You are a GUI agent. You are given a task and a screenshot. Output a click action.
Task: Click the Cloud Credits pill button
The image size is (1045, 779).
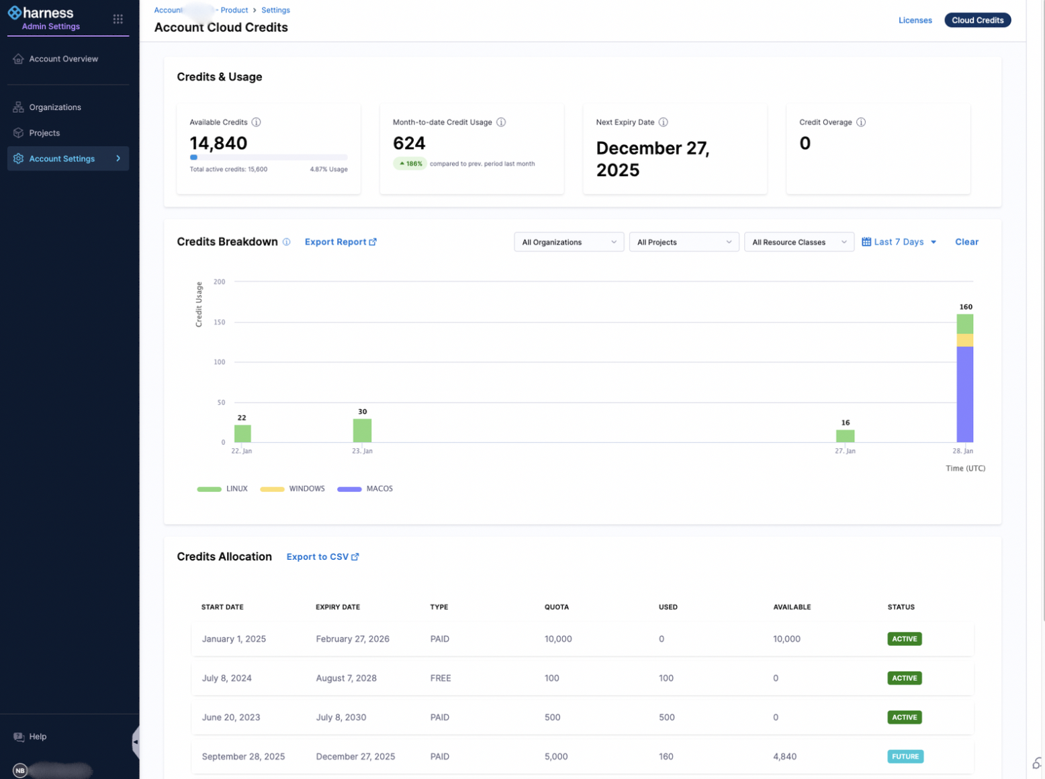pyautogui.click(x=977, y=20)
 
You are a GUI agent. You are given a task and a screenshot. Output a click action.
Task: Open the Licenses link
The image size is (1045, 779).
pyautogui.click(x=915, y=20)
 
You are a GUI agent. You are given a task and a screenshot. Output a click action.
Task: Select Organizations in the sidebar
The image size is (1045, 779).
pyautogui.click(x=55, y=108)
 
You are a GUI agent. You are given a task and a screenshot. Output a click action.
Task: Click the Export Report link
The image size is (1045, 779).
pyautogui.click(x=340, y=242)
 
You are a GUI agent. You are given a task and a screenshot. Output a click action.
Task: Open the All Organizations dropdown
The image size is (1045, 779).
pyautogui.click(x=568, y=242)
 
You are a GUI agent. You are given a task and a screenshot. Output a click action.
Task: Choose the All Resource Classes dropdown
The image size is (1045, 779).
pyautogui.click(x=799, y=242)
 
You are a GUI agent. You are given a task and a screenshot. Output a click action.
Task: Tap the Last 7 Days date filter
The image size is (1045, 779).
pyautogui.click(x=899, y=242)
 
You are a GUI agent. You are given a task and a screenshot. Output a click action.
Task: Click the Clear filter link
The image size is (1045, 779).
pyautogui.click(x=966, y=242)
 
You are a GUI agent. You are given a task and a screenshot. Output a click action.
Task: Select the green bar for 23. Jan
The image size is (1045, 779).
pyautogui.click(x=362, y=430)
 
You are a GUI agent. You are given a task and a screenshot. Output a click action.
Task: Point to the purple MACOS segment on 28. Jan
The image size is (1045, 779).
pyautogui.click(x=964, y=394)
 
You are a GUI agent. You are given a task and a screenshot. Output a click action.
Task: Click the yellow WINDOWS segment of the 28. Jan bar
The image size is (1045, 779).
pyautogui.click(x=964, y=340)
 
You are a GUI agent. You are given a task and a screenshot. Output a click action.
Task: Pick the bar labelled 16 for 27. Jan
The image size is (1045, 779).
pyautogui.click(x=845, y=436)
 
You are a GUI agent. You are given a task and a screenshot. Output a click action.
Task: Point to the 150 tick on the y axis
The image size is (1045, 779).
pyautogui.click(x=220, y=322)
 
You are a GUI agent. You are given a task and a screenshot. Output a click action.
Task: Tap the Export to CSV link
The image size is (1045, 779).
pyautogui.click(x=322, y=557)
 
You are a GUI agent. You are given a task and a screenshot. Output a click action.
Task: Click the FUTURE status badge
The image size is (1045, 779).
pyautogui.click(x=905, y=756)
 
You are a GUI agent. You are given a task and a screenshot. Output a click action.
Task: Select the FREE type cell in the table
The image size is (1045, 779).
pyautogui.click(x=441, y=678)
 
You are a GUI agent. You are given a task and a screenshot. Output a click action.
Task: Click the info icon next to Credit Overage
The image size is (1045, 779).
pyautogui.click(x=860, y=122)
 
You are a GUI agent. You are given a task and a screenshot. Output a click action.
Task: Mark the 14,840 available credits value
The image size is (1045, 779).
pyautogui.click(x=218, y=143)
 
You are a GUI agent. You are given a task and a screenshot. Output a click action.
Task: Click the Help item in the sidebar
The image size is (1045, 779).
pyautogui.click(x=38, y=737)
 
